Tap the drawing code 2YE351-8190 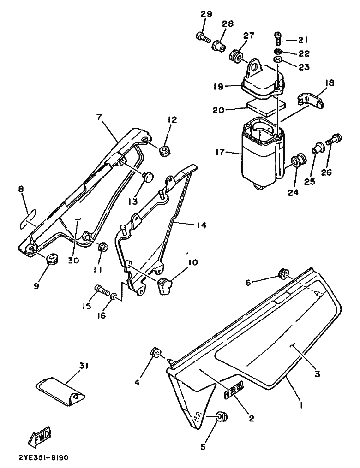44,457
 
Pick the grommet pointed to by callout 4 156,353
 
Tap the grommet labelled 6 283,273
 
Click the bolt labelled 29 203,38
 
